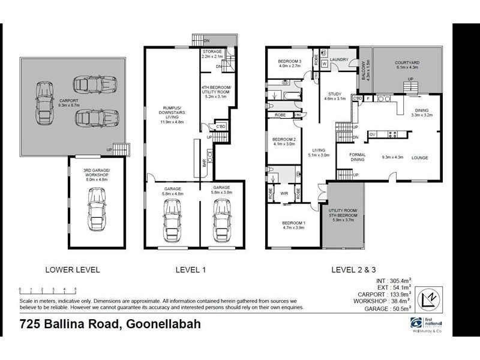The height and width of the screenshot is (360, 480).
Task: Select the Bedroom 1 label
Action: click(294, 226)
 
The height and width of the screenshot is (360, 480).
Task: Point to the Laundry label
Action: click(339, 59)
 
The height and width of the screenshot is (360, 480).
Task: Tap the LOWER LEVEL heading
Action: click(73, 270)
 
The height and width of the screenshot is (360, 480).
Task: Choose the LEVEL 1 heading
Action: click(191, 270)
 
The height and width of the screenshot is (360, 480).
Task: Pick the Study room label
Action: click(335, 95)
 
